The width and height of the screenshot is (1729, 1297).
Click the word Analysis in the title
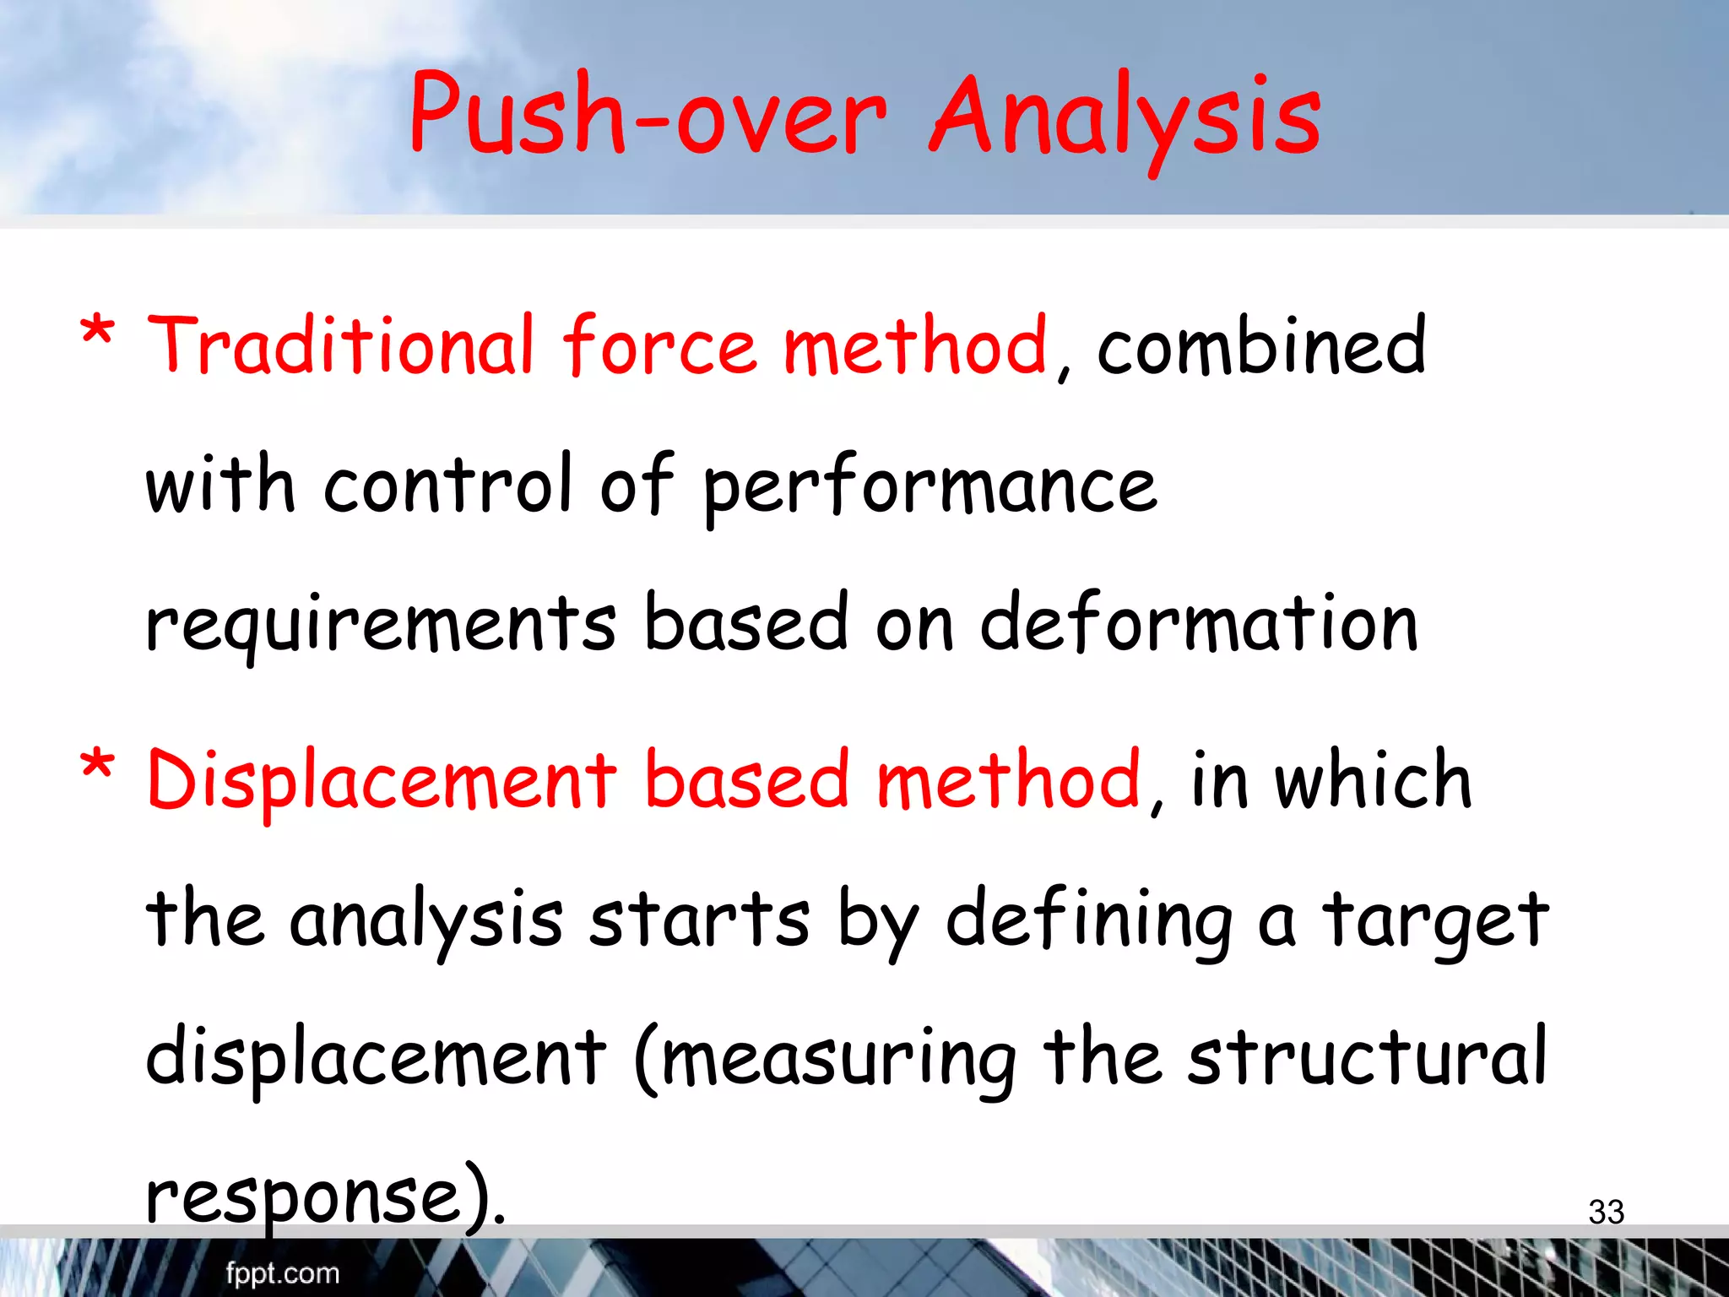pyautogui.click(x=1125, y=118)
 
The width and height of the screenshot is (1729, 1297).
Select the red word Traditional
pyautogui.click(x=341, y=346)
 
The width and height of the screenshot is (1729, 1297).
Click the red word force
pyautogui.click(x=659, y=346)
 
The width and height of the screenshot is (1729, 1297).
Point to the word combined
pyautogui.click(x=1261, y=346)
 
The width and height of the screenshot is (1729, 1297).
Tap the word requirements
pyautogui.click(x=381, y=626)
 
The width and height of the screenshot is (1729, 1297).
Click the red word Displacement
pyautogui.click(x=382, y=781)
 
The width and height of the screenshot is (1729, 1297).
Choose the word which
pyautogui.click(x=1374, y=781)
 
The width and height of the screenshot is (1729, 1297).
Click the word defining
pyautogui.click(x=1089, y=921)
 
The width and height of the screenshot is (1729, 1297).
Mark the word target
pyautogui.click(x=1436, y=921)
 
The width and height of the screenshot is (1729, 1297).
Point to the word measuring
pyautogui.click(x=839, y=1059)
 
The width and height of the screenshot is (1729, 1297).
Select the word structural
pyautogui.click(x=1368, y=1057)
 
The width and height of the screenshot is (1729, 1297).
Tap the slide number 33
pyautogui.click(x=1606, y=1212)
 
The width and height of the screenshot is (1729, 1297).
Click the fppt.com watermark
pyautogui.click(x=282, y=1273)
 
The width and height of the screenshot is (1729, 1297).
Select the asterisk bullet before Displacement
pyautogui.click(x=97, y=766)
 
